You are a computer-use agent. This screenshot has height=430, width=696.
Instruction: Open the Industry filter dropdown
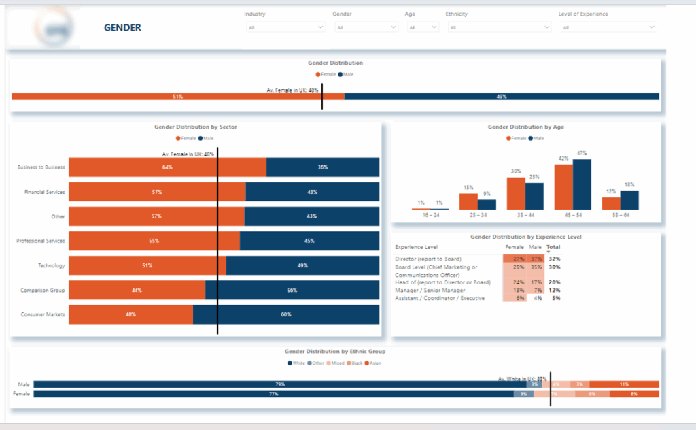point(285,27)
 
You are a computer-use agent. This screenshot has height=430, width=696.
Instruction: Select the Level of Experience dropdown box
point(608,27)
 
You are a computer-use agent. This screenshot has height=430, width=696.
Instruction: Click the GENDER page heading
point(122,28)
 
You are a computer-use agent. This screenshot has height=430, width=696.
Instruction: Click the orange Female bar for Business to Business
point(167,167)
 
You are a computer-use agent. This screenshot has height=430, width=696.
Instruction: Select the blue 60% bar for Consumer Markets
point(285,314)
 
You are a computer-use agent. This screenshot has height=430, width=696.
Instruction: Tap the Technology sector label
point(52,265)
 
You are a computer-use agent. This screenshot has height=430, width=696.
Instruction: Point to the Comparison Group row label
point(43,290)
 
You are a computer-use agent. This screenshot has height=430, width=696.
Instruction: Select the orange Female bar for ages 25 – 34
point(468,201)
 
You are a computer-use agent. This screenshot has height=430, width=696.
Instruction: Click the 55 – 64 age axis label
point(620,214)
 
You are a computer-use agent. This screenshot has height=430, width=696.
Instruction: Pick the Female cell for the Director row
point(515,259)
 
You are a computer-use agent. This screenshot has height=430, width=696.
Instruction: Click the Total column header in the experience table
point(553,247)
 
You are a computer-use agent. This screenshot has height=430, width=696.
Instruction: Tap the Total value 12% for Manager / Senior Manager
point(554,291)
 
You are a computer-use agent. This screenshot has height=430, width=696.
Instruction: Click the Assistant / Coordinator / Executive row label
point(440,298)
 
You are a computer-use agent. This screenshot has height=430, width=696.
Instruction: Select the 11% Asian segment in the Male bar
point(633,384)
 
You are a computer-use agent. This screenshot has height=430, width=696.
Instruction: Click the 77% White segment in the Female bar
point(273,394)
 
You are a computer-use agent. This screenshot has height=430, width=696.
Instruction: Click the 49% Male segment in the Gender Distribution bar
point(502,97)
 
